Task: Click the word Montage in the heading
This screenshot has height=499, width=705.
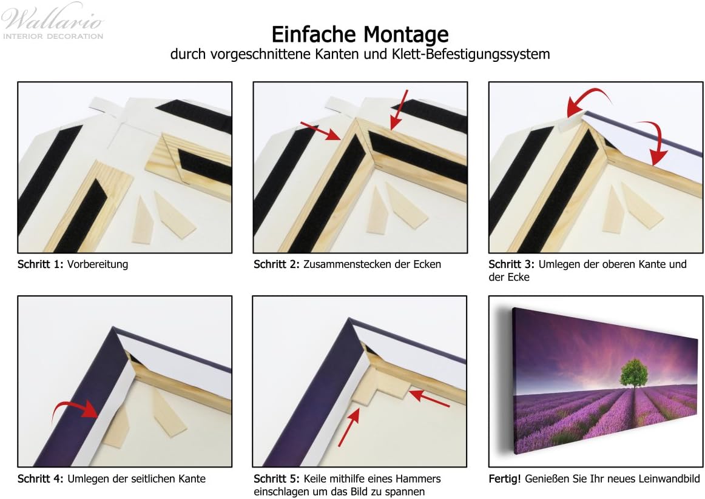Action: tap(405, 35)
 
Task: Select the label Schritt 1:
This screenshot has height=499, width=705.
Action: tap(41, 264)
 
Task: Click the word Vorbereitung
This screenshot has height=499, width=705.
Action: tap(98, 264)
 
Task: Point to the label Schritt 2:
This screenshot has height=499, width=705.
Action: tap(277, 264)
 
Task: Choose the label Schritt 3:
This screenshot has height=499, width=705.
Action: tap(511, 264)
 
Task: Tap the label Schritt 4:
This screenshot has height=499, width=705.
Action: tap(41, 479)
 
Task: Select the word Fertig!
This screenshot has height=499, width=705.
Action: tap(504, 479)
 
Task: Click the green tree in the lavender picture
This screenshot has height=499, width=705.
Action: tap(635, 373)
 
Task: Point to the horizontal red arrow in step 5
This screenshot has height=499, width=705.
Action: tap(430, 398)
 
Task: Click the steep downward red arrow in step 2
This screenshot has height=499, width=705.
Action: tap(399, 110)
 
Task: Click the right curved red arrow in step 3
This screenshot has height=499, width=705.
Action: tap(655, 140)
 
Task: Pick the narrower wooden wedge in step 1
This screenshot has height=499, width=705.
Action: tap(143, 221)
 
